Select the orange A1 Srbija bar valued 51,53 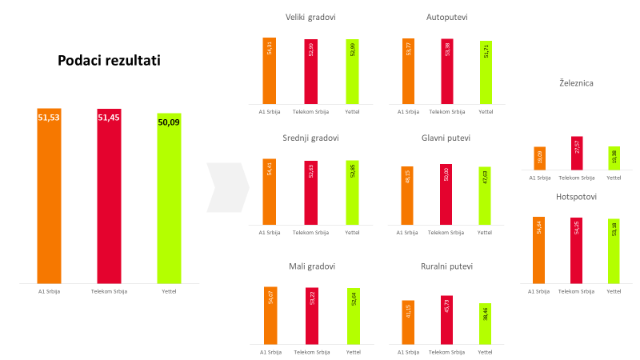pyautogui.click(x=49, y=196)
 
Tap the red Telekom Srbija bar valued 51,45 pyautogui.click(x=109, y=196)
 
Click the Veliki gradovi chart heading pyautogui.click(x=310, y=17)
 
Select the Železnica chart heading pyautogui.click(x=576, y=82)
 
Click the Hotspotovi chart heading pyautogui.click(x=576, y=196)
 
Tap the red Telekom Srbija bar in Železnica pyautogui.click(x=576, y=154)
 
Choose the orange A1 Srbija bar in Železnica pyautogui.click(x=539, y=158)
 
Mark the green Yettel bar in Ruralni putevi pyautogui.click(x=486, y=324)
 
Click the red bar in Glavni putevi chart pyautogui.click(x=446, y=194)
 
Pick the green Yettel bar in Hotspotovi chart pyautogui.click(x=614, y=251)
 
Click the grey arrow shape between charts pyautogui.click(x=227, y=187)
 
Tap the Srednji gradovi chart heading pyautogui.click(x=310, y=138)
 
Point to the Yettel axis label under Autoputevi pyautogui.click(x=486, y=111)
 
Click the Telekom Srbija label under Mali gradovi pyautogui.click(x=311, y=352)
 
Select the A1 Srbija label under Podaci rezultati pyautogui.click(x=49, y=291)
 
